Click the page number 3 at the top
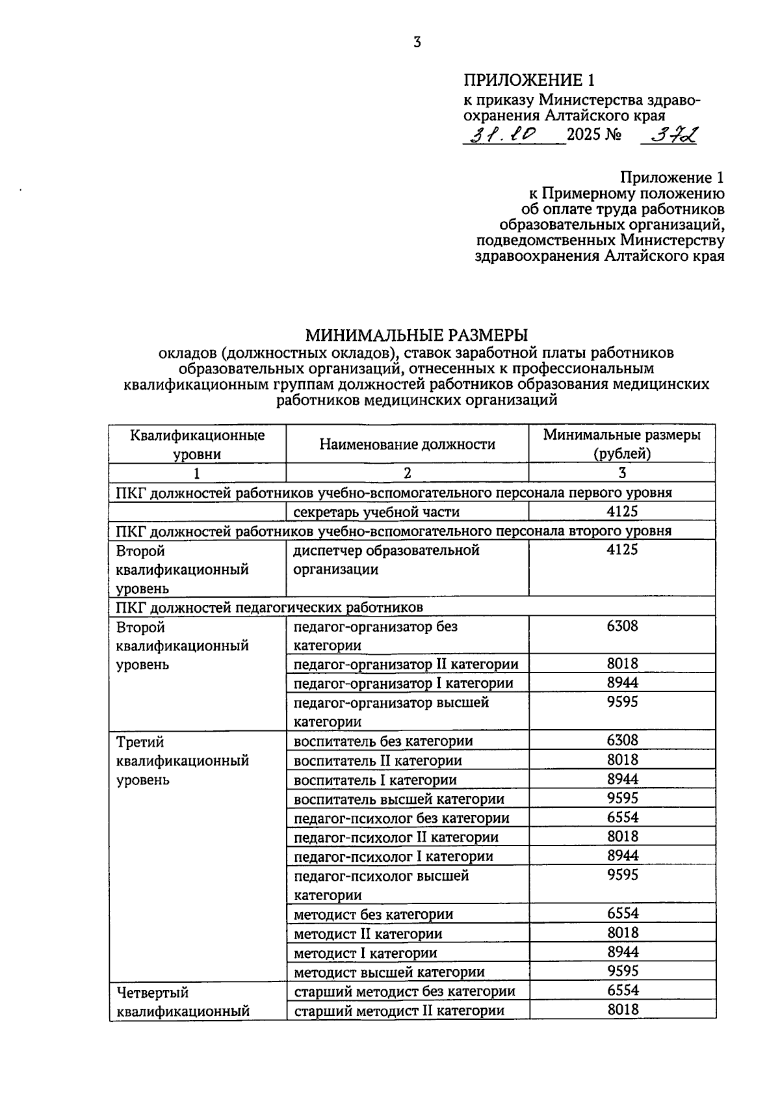(417, 42)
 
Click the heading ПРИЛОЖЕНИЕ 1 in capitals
(528, 80)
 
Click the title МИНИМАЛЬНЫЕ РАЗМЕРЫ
(417, 335)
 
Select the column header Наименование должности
(407, 444)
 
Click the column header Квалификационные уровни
(197, 444)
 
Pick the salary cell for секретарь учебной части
(622, 511)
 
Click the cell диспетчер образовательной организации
(387, 559)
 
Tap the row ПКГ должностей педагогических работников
(270, 607)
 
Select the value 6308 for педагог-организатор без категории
(622, 626)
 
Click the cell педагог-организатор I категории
(403, 683)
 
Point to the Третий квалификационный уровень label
(182, 760)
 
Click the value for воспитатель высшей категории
(622, 798)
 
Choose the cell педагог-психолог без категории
(402, 818)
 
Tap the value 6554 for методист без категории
(622, 913)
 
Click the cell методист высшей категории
(389, 972)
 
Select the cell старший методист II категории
(399, 1010)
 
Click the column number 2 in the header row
(407, 473)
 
